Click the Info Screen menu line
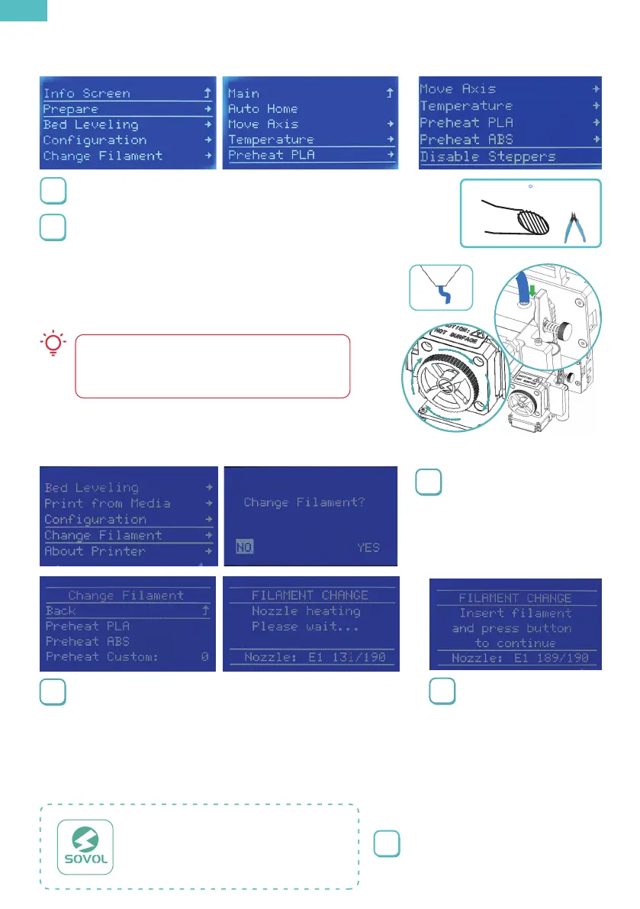click(x=86, y=94)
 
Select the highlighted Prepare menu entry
click(x=71, y=109)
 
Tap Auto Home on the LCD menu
click(x=263, y=109)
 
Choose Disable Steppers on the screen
click(x=487, y=157)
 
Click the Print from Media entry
click(x=107, y=504)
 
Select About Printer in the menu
click(x=95, y=551)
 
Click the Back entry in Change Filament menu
click(x=61, y=611)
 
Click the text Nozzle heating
click(x=306, y=611)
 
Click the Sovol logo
click(x=86, y=846)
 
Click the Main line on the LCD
click(x=244, y=94)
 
